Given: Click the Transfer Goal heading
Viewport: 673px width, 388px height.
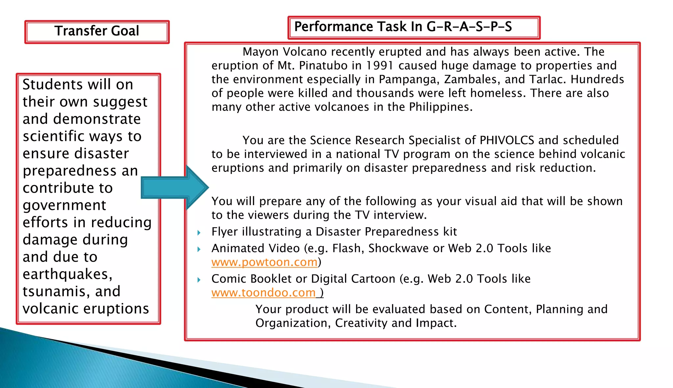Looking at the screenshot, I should (97, 31).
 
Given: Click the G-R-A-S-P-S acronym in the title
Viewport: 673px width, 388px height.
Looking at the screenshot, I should (469, 27).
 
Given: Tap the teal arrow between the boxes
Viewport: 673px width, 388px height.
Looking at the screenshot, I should (174, 187).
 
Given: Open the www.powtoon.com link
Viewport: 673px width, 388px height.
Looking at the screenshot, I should (264, 262).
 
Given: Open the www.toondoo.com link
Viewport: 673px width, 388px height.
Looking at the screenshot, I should (263, 292).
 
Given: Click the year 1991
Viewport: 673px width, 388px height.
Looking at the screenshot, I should (380, 66).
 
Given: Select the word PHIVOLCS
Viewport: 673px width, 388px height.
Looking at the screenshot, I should (507, 140).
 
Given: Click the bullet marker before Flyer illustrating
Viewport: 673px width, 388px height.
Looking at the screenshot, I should (199, 233).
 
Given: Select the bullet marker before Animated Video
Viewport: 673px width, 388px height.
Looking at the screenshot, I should (199, 249).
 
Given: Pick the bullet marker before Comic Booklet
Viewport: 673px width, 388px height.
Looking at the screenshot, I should (199, 280).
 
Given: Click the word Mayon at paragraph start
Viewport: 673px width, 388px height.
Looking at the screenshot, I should (260, 52).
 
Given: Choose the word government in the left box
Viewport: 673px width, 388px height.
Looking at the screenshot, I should (64, 205).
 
